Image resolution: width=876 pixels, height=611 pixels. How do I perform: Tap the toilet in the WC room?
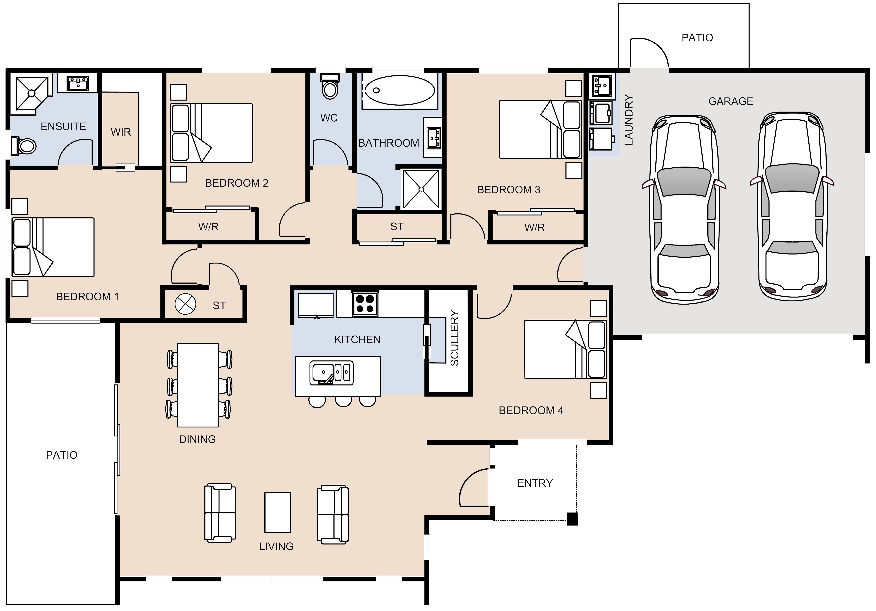click(330, 86)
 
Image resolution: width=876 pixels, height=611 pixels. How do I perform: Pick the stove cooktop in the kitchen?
click(365, 304)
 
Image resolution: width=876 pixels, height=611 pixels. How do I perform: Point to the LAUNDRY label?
click(629, 120)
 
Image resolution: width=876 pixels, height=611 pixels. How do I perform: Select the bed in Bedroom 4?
click(565, 349)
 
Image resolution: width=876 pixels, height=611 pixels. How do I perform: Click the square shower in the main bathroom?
click(421, 189)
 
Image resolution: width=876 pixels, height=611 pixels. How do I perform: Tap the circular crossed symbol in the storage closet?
click(185, 304)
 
